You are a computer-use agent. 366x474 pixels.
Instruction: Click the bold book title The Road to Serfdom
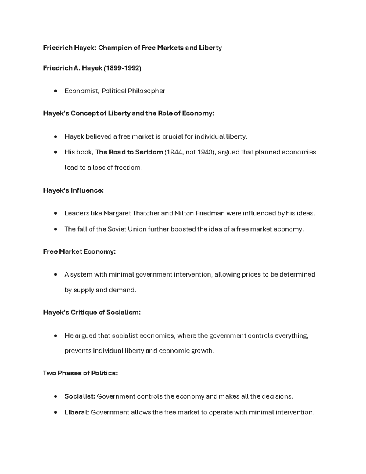click(129, 152)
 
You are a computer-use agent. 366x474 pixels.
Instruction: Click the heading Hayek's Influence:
click(73, 190)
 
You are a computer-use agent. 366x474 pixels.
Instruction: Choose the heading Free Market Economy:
click(79, 252)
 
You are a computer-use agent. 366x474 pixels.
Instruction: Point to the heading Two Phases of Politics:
click(80, 373)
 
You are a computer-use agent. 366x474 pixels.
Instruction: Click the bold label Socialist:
click(80, 396)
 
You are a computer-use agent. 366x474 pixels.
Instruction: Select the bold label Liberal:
click(77, 412)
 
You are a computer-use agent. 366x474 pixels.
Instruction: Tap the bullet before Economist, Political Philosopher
click(55, 91)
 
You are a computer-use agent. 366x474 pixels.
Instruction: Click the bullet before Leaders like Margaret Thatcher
click(55, 213)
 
